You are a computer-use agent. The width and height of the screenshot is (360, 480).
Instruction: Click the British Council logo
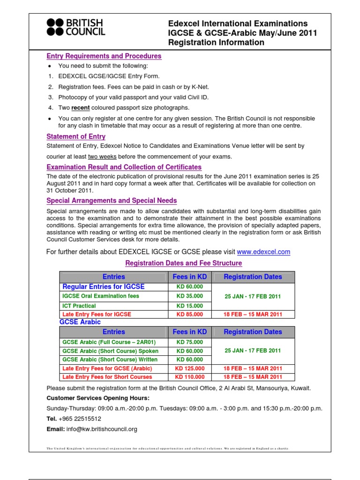click(76, 27)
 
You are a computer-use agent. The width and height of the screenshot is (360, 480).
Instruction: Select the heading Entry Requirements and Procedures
click(104, 56)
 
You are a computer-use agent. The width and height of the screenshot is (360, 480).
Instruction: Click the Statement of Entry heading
click(76, 136)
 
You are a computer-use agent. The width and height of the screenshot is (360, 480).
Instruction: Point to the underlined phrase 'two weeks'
click(102, 157)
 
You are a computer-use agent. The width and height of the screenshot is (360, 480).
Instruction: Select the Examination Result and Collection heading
click(124, 167)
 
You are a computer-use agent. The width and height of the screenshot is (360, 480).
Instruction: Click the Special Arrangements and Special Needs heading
click(112, 201)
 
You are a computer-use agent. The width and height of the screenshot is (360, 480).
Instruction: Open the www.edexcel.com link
click(263, 252)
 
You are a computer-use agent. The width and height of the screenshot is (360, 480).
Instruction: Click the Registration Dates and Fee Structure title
click(183, 263)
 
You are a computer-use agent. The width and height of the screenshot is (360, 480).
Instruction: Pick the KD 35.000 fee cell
click(189, 296)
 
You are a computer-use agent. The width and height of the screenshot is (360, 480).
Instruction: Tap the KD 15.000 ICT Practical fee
click(189, 306)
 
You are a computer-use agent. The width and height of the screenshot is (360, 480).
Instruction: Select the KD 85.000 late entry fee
click(189, 315)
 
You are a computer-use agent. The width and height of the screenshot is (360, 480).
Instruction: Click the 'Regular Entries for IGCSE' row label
click(104, 286)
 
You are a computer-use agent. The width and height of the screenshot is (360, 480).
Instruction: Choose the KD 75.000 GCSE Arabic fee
click(189, 342)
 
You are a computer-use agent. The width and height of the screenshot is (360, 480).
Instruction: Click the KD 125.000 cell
click(189, 368)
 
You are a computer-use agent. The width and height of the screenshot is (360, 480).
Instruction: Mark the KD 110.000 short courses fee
click(189, 377)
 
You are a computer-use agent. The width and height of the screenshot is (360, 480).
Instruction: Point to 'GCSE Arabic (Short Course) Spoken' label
click(110, 351)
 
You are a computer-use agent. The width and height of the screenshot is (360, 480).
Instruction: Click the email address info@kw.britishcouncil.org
click(101, 429)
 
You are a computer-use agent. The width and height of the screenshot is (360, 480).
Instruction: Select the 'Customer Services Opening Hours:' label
click(98, 398)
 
